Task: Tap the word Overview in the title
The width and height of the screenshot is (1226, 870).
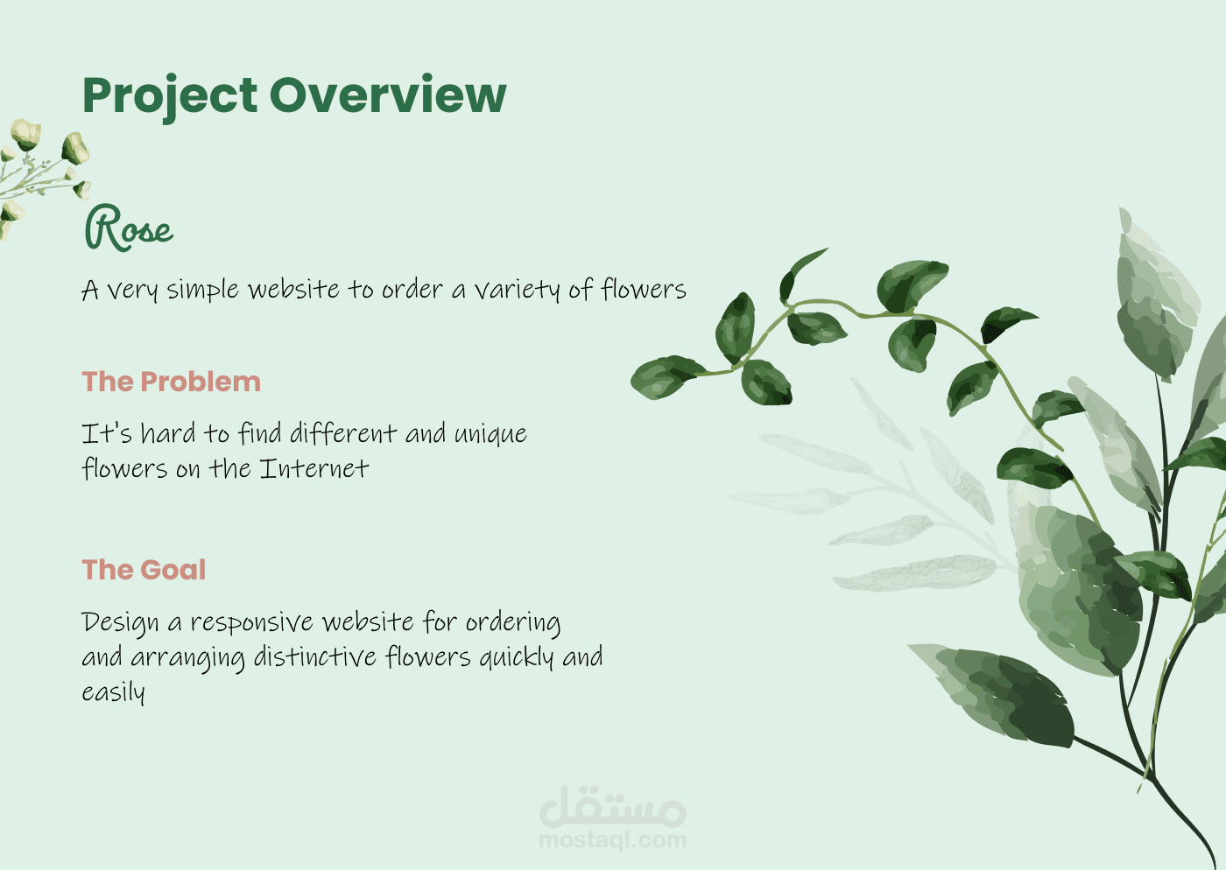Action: tap(388, 95)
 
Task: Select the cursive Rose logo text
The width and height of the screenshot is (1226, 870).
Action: tap(129, 228)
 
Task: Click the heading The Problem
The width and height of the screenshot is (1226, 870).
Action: tap(172, 382)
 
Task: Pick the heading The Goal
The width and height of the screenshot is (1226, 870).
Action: tap(144, 569)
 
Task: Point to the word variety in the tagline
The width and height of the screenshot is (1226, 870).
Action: tap(518, 291)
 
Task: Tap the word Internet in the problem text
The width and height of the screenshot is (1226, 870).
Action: tap(314, 468)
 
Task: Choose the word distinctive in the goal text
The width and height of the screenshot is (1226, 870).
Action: tap(314, 656)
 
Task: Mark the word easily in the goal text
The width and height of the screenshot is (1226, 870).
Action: tap(113, 692)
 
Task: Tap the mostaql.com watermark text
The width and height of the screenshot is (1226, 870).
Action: tap(612, 840)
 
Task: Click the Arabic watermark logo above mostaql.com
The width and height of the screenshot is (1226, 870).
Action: tap(612, 806)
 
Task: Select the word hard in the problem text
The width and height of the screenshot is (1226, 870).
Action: tap(167, 432)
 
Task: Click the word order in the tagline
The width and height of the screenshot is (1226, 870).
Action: tap(412, 289)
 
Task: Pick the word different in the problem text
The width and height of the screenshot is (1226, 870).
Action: tap(343, 432)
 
